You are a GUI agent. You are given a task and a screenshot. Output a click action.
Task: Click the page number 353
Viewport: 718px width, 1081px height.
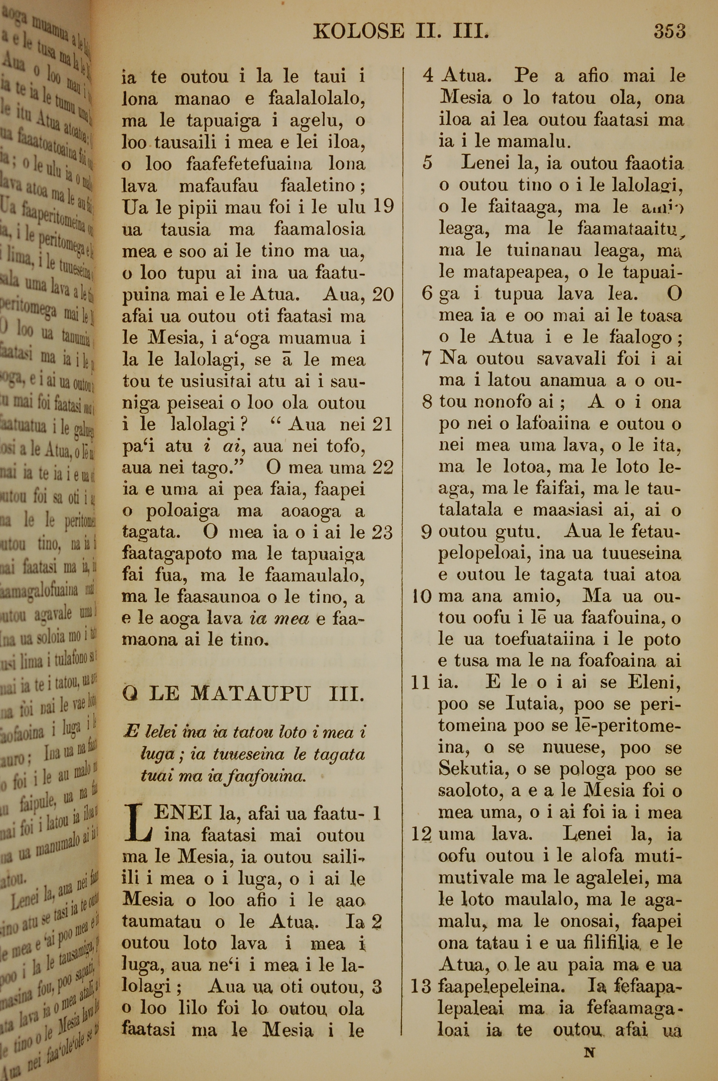tap(669, 31)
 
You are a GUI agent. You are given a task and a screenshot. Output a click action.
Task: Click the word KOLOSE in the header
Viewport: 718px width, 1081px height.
tap(359, 31)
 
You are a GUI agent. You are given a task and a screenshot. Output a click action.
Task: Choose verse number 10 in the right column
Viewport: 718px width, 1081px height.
tap(422, 597)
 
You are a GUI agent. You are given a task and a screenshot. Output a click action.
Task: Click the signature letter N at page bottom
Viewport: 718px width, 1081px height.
tap(590, 1053)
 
